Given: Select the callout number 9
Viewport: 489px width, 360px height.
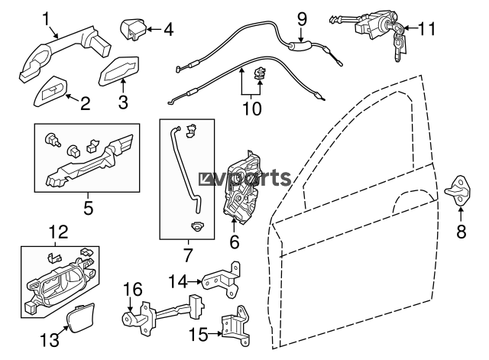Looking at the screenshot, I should pyautogui.click(x=300, y=16).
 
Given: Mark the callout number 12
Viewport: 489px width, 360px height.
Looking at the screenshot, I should pyautogui.click(x=58, y=232).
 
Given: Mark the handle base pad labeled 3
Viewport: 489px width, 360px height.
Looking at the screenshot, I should pyautogui.click(x=118, y=73).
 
